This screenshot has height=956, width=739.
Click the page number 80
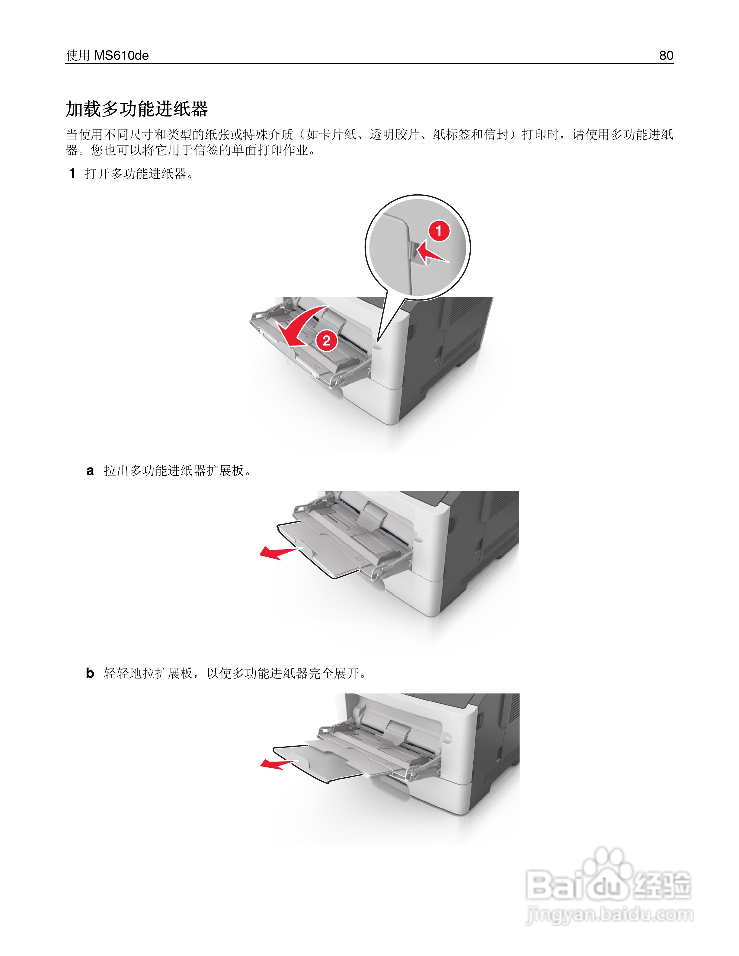[x=666, y=56]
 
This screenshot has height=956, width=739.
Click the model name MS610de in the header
[x=121, y=56]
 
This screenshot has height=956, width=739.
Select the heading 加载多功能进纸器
[x=136, y=109]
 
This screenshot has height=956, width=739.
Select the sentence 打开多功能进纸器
[x=136, y=174]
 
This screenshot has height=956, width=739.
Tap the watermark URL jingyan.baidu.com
[x=609, y=915]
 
